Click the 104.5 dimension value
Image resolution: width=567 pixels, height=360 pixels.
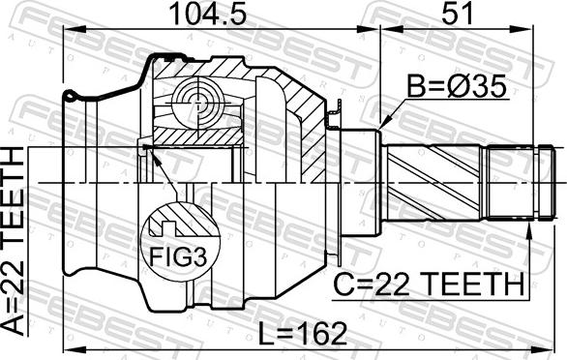208,14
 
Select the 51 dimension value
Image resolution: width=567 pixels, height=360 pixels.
457,14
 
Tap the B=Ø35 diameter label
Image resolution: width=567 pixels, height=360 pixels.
457,87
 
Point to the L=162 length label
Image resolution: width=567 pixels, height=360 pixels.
303,334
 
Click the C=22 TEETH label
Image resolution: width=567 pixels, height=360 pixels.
428,284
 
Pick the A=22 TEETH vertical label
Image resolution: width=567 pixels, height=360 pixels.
14,241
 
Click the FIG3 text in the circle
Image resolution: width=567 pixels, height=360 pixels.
178,256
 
